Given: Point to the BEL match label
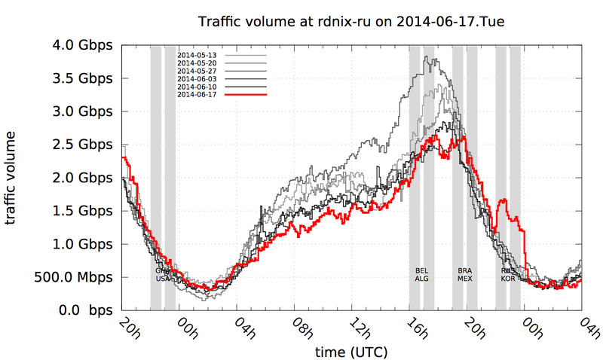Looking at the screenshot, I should click(x=422, y=270).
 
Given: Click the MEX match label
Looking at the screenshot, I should click(x=465, y=278).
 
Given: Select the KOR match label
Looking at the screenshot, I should click(x=509, y=278).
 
